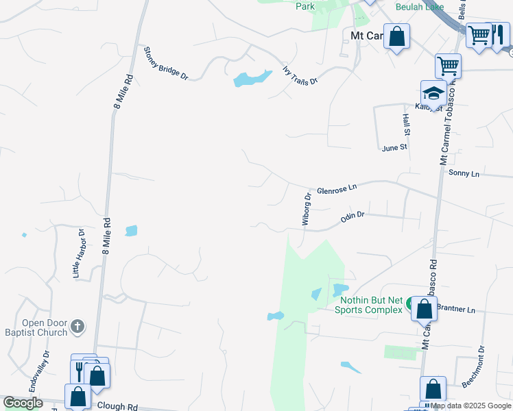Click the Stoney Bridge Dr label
pyautogui.click(x=165, y=63)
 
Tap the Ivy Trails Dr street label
pyautogui.click(x=300, y=75)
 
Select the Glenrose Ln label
pyautogui.click(x=337, y=189)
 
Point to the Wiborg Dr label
pyautogui.click(x=307, y=209)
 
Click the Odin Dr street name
pyautogui.click(x=352, y=217)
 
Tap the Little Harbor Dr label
pyautogui.click(x=78, y=253)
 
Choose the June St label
pyautogui.click(x=394, y=147)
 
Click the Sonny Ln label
pyautogui.click(x=464, y=173)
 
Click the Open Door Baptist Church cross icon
pyautogui.click(x=77, y=326)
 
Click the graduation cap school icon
pyautogui.click(x=433, y=92)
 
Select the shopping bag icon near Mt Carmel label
pyautogui.click(x=396, y=36)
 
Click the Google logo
pyautogui.click(x=23, y=403)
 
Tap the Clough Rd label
pyautogui.click(x=117, y=406)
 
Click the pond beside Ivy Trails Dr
pyautogui.click(x=248, y=78)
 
